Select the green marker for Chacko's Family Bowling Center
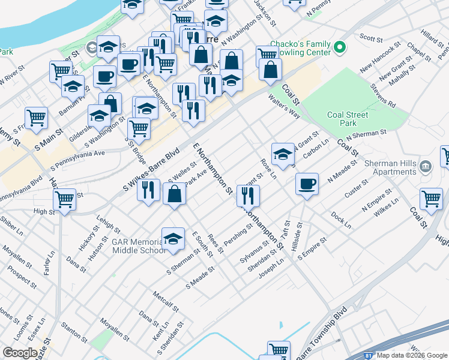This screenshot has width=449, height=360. point(340,46)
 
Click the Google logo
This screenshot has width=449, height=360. point(20,352)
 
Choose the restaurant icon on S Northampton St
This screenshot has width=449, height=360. point(247,194)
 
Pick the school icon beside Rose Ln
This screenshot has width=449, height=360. point(282,154)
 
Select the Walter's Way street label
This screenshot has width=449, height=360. point(284,106)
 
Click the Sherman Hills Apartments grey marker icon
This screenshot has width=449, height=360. point(426,166)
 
